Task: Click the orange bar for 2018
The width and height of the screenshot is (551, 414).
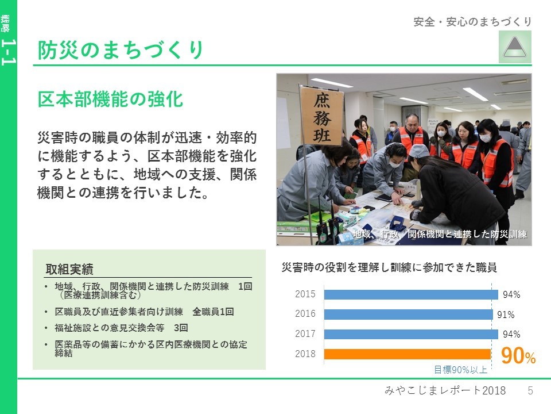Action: (x=408, y=354)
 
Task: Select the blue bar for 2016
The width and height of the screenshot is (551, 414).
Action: (x=408, y=314)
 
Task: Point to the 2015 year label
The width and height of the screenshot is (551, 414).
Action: (x=305, y=294)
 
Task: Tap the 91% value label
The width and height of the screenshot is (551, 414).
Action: (x=506, y=315)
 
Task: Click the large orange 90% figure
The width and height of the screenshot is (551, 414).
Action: (x=518, y=355)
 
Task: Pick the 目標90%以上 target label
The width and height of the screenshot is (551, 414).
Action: (x=461, y=370)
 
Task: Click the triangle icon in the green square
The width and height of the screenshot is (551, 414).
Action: (x=515, y=47)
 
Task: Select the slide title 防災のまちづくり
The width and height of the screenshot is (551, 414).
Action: (x=121, y=49)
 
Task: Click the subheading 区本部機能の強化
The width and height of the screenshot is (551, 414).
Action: (x=110, y=99)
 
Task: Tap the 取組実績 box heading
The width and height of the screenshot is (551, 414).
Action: (x=69, y=269)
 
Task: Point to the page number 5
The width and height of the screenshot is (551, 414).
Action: (x=530, y=390)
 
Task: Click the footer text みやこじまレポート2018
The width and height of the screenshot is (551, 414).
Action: (x=445, y=390)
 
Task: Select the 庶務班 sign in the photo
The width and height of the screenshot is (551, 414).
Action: (x=321, y=117)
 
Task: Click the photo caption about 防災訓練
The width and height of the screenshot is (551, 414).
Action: (x=440, y=234)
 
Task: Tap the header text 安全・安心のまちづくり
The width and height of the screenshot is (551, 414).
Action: (x=472, y=22)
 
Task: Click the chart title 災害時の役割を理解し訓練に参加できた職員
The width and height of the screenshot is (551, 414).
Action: (x=389, y=267)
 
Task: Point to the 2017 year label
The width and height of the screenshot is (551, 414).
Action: (x=305, y=333)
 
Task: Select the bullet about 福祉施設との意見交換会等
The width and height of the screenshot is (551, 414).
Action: (x=121, y=328)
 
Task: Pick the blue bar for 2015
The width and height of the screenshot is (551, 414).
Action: (x=411, y=294)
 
